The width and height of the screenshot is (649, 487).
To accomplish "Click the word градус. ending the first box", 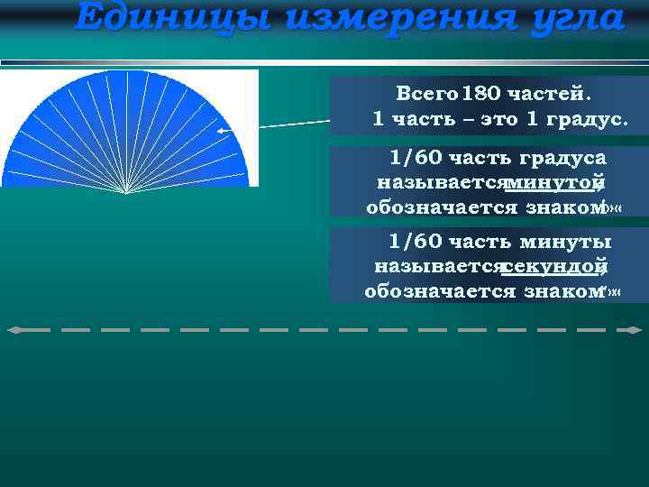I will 584,118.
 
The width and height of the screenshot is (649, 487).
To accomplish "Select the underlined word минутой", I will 554,183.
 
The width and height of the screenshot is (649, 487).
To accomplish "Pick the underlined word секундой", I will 552,266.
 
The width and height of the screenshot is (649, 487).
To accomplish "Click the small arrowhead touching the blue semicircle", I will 222,131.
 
